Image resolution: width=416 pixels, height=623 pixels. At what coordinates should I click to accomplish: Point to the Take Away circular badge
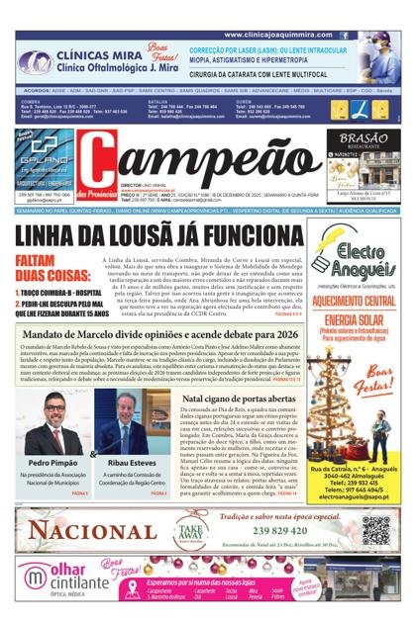[189, 529]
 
